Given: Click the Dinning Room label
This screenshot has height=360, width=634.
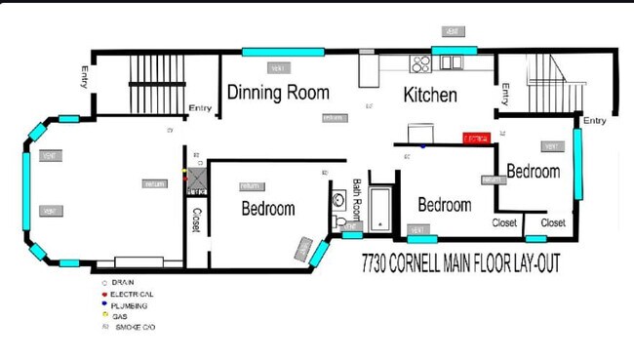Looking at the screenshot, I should (x=278, y=94).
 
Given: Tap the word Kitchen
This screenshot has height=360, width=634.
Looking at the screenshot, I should (x=430, y=96).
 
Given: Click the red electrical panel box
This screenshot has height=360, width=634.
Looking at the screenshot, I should (x=475, y=140).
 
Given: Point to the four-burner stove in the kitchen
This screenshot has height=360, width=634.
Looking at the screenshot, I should (x=421, y=64).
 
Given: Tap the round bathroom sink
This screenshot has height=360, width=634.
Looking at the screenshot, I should (x=339, y=200).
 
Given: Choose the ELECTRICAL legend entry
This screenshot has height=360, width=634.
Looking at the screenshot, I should (x=132, y=294).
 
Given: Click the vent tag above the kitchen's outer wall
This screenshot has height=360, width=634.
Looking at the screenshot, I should (x=452, y=32).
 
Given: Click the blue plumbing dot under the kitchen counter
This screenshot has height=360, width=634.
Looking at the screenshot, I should (x=422, y=146).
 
